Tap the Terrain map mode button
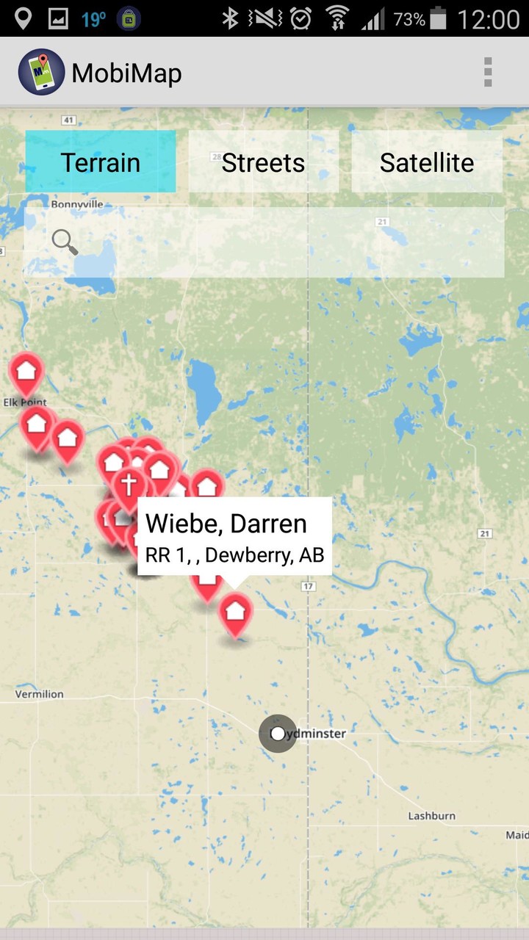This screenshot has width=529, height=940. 101,162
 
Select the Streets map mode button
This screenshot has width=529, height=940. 263,162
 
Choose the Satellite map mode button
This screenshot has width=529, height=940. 427,162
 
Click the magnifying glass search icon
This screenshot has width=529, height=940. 65,242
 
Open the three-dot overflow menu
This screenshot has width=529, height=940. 488,73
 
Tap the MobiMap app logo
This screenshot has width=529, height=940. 41,72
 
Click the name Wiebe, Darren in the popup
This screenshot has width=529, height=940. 226,524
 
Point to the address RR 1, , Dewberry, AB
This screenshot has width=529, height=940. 234,555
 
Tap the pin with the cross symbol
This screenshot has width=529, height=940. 129,485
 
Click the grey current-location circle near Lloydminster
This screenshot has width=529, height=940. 278,734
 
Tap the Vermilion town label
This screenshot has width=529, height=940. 40,694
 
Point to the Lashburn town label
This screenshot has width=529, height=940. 431,816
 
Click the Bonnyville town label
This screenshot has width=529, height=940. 77,204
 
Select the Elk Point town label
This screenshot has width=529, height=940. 24,402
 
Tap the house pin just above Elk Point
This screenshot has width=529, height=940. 26,369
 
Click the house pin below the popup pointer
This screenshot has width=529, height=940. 235,611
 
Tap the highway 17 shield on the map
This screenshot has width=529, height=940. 307,586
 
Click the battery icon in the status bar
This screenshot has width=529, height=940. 438,18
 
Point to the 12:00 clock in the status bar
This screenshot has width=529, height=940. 488,18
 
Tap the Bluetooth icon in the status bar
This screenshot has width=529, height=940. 231,18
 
